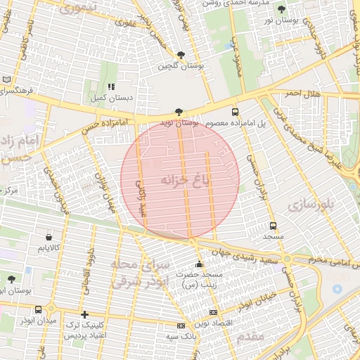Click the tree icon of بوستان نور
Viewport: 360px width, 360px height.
[x=282, y=10]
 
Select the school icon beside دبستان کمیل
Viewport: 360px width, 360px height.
[x=111, y=86]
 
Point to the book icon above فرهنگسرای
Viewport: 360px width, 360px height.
[x=7, y=80]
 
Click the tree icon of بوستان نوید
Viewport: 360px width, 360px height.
[x=179, y=111]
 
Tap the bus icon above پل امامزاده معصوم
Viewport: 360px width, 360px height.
[x=235, y=111]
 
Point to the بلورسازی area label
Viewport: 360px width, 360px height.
[x=311, y=205]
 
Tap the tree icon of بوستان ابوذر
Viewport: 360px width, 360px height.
[x=11, y=279]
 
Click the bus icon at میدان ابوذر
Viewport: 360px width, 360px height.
[x=38, y=309]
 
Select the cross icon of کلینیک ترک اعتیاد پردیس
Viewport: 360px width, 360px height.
[x=84, y=314]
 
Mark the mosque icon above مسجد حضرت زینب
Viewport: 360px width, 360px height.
[x=199, y=264]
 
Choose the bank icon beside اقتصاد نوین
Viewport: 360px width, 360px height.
[x=214, y=312]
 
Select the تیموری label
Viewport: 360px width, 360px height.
[x=74, y=8]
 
